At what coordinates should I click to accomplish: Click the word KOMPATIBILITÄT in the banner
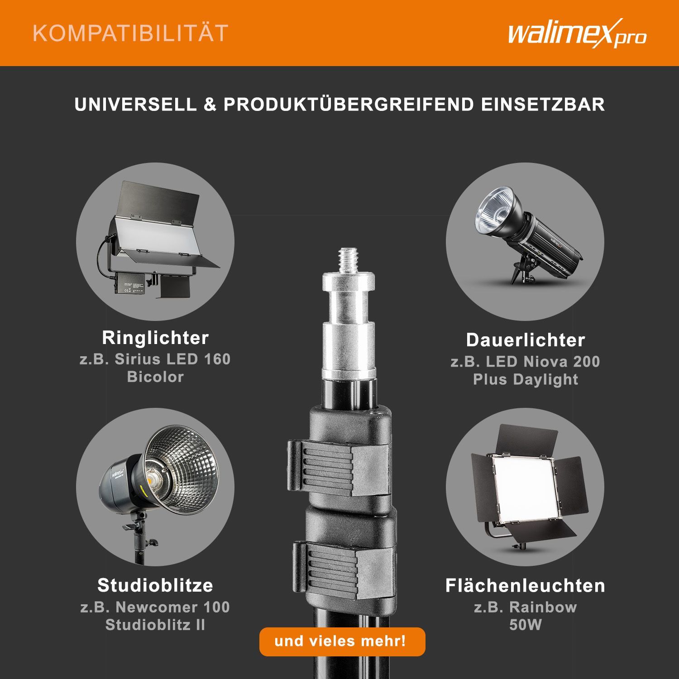pos(131,33)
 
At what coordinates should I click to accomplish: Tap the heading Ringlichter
pos(155,338)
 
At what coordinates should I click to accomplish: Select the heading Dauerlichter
pos(526,340)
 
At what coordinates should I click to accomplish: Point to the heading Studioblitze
pos(155,585)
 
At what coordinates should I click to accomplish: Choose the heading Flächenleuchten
pos(525,585)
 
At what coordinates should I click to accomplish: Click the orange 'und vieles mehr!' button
pos(342,641)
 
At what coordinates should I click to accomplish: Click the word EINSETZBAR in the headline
pos(543,105)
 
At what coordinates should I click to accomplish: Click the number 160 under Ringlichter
pos(217,359)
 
